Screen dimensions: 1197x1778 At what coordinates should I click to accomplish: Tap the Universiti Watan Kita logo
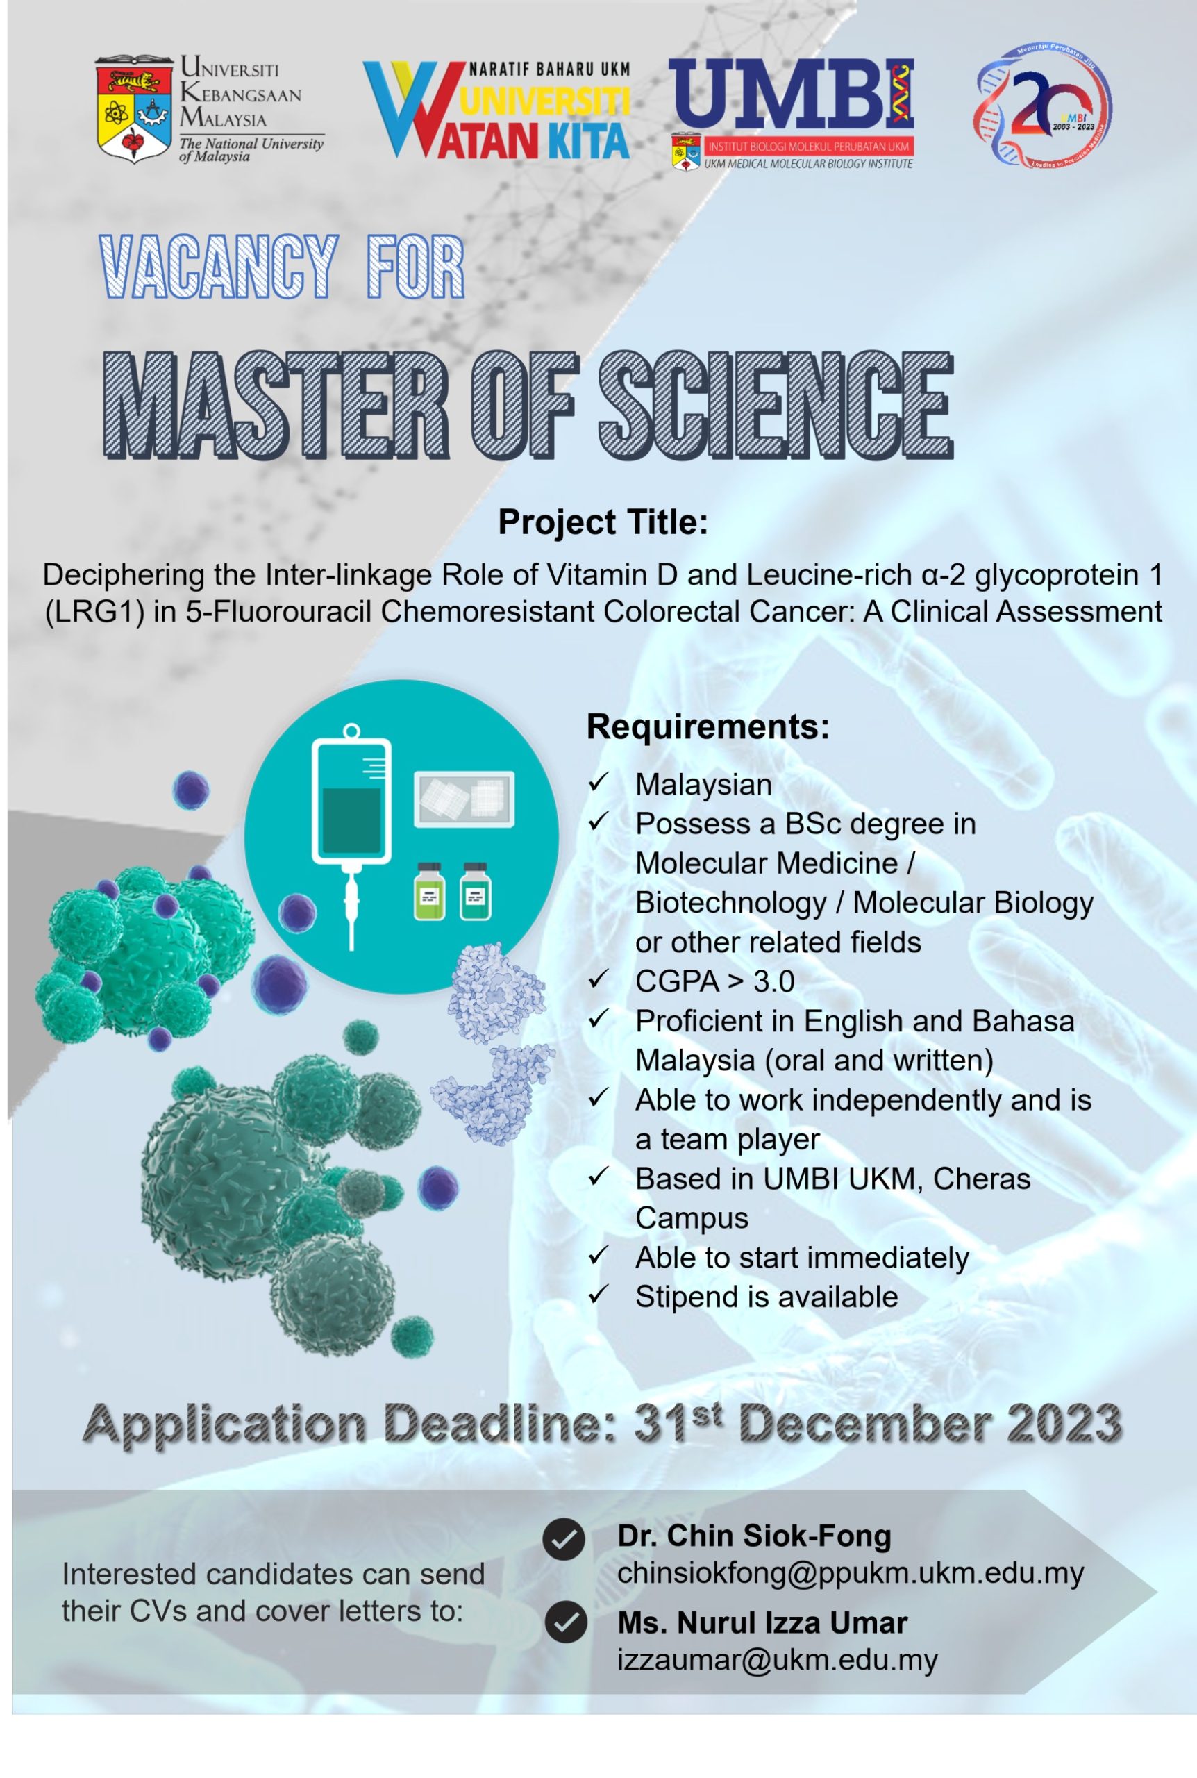pyautogui.click(x=497, y=110)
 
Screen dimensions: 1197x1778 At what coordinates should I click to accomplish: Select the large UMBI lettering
pyautogui.click(x=791, y=94)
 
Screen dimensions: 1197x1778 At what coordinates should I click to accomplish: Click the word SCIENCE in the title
pyautogui.click(x=776, y=405)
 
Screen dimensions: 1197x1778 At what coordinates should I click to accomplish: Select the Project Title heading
pyautogui.click(x=603, y=522)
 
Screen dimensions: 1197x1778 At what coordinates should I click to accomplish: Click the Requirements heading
pyautogui.click(x=708, y=726)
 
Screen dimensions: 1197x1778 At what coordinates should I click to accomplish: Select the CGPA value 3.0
pyautogui.click(x=774, y=981)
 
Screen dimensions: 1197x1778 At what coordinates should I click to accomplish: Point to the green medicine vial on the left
pyautogui.click(x=429, y=892)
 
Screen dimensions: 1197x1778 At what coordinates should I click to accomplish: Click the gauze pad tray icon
pyautogui.click(x=464, y=799)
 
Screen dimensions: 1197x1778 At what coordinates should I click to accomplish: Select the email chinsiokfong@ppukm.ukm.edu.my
pyautogui.click(x=851, y=1573)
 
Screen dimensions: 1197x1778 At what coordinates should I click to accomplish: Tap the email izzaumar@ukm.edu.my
pyautogui.click(x=777, y=1661)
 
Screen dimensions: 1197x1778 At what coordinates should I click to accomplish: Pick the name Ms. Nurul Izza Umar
pyautogui.click(x=762, y=1623)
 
